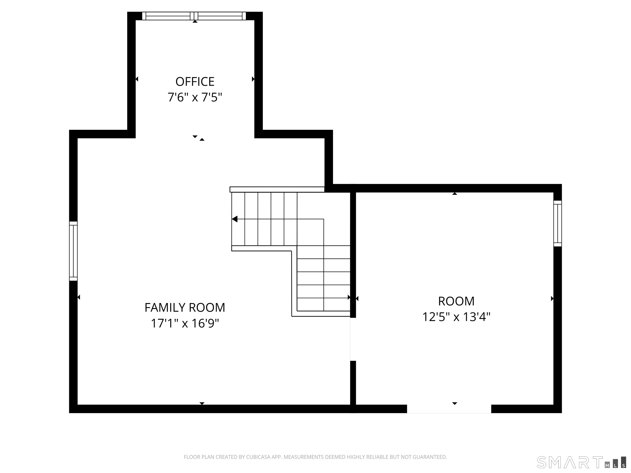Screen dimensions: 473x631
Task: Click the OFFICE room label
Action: click(x=195, y=82)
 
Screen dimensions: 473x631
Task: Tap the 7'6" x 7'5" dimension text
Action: click(x=195, y=98)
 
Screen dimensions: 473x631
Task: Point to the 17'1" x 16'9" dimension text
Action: click(x=185, y=323)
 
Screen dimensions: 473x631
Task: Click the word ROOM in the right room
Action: click(x=456, y=301)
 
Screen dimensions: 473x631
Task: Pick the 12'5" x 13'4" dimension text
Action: click(x=456, y=317)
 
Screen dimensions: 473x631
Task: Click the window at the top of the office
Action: click(x=194, y=16)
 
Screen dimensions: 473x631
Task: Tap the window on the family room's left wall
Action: click(x=73, y=251)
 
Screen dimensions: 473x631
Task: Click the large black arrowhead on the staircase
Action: click(x=235, y=219)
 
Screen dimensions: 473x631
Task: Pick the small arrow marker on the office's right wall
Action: click(x=253, y=79)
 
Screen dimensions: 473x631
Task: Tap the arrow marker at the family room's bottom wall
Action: click(x=202, y=403)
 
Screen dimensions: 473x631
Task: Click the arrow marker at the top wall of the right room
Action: click(x=455, y=194)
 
